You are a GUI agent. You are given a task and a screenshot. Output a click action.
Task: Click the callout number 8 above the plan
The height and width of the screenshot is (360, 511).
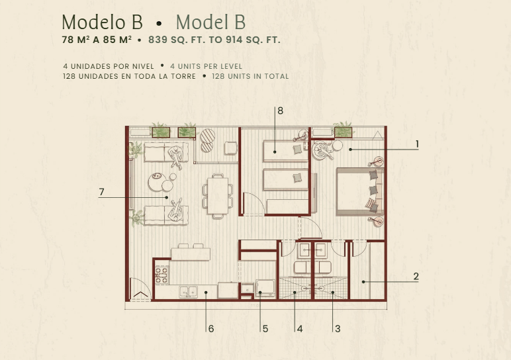click(x=280, y=111)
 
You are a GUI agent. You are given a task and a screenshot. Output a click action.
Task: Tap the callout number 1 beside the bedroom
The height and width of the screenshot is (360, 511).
click(x=417, y=144)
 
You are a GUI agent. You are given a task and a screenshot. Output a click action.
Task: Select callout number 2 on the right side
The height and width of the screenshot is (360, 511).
click(x=416, y=276)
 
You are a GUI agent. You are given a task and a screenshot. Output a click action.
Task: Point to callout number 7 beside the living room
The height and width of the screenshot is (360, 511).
click(x=102, y=192)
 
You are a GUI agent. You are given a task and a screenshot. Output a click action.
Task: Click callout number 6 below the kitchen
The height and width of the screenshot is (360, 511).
click(x=211, y=329)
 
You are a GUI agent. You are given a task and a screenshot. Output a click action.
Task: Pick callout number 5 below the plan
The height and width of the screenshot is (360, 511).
click(x=265, y=329)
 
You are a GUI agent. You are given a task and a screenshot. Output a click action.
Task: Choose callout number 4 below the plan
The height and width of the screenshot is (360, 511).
click(x=300, y=329)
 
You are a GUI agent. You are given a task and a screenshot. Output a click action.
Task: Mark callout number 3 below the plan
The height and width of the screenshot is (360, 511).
click(x=338, y=329)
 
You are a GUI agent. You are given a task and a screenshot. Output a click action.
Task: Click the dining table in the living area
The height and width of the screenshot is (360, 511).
click(x=218, y=196)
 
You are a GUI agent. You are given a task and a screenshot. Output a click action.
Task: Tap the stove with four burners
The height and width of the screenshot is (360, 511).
click(x=162, y=275)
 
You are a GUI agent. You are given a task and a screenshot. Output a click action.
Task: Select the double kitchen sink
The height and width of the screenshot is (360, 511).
click(x=189, y=292)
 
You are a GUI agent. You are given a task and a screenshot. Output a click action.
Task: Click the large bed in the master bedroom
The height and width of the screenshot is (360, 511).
click(x=360, y=191)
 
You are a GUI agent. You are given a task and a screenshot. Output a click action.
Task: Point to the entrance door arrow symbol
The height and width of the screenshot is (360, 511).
click(x=140, y=295)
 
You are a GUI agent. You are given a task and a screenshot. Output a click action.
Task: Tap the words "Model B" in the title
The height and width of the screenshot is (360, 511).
click(x=210, y=22)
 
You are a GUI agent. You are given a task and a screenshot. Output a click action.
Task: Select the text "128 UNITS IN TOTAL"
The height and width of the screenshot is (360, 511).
click(x=250, y=76)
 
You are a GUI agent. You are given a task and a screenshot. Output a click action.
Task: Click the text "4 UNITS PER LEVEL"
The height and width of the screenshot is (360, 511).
click(x=206, y=66)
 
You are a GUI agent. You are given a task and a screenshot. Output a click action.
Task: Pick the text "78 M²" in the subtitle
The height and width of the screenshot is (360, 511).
click(x=75, y=40)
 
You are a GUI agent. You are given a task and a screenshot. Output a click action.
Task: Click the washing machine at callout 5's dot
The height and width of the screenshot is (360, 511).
click(x=265, y=289)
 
